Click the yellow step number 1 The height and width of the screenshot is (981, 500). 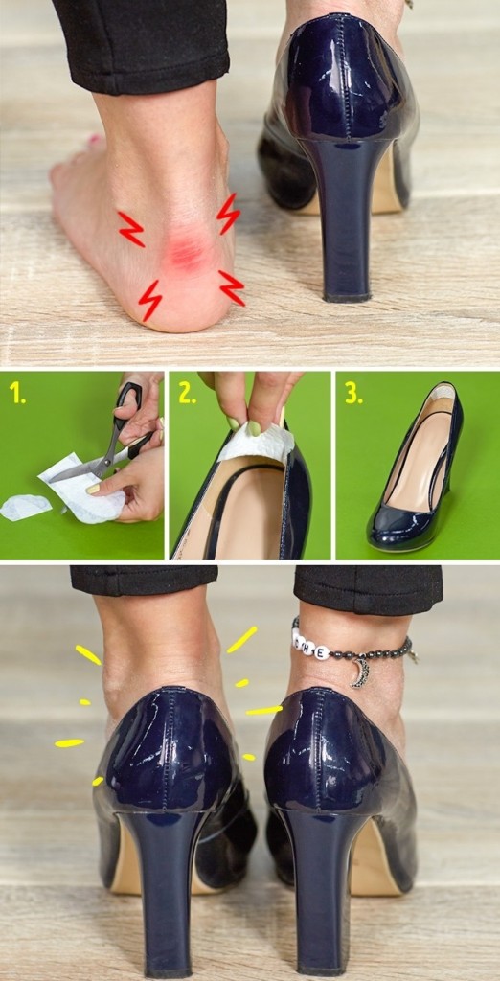tap(16, 393)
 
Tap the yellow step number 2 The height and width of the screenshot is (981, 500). tap(187, 393)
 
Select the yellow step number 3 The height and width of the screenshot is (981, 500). tap(353, 393)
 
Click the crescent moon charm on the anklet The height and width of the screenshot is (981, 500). tap(361, 672)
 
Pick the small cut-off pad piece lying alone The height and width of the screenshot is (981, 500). tap(24, 506)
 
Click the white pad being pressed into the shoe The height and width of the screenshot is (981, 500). tap(257, 442)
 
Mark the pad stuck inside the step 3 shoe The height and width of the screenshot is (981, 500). tap(442, 394)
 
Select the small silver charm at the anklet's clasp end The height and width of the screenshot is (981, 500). tap(413, 655)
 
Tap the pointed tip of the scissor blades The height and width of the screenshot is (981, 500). tap(52, 480)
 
